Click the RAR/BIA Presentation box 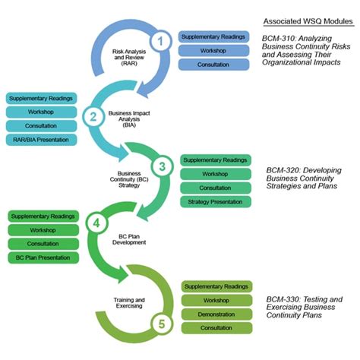pos(41,140)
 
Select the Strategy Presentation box pos(215,202)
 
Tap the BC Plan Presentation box pos(43,257)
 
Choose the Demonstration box pos(216,314)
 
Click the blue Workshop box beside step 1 pos(213,51)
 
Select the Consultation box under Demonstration pos(216,327)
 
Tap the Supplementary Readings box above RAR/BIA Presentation pos(41,98)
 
